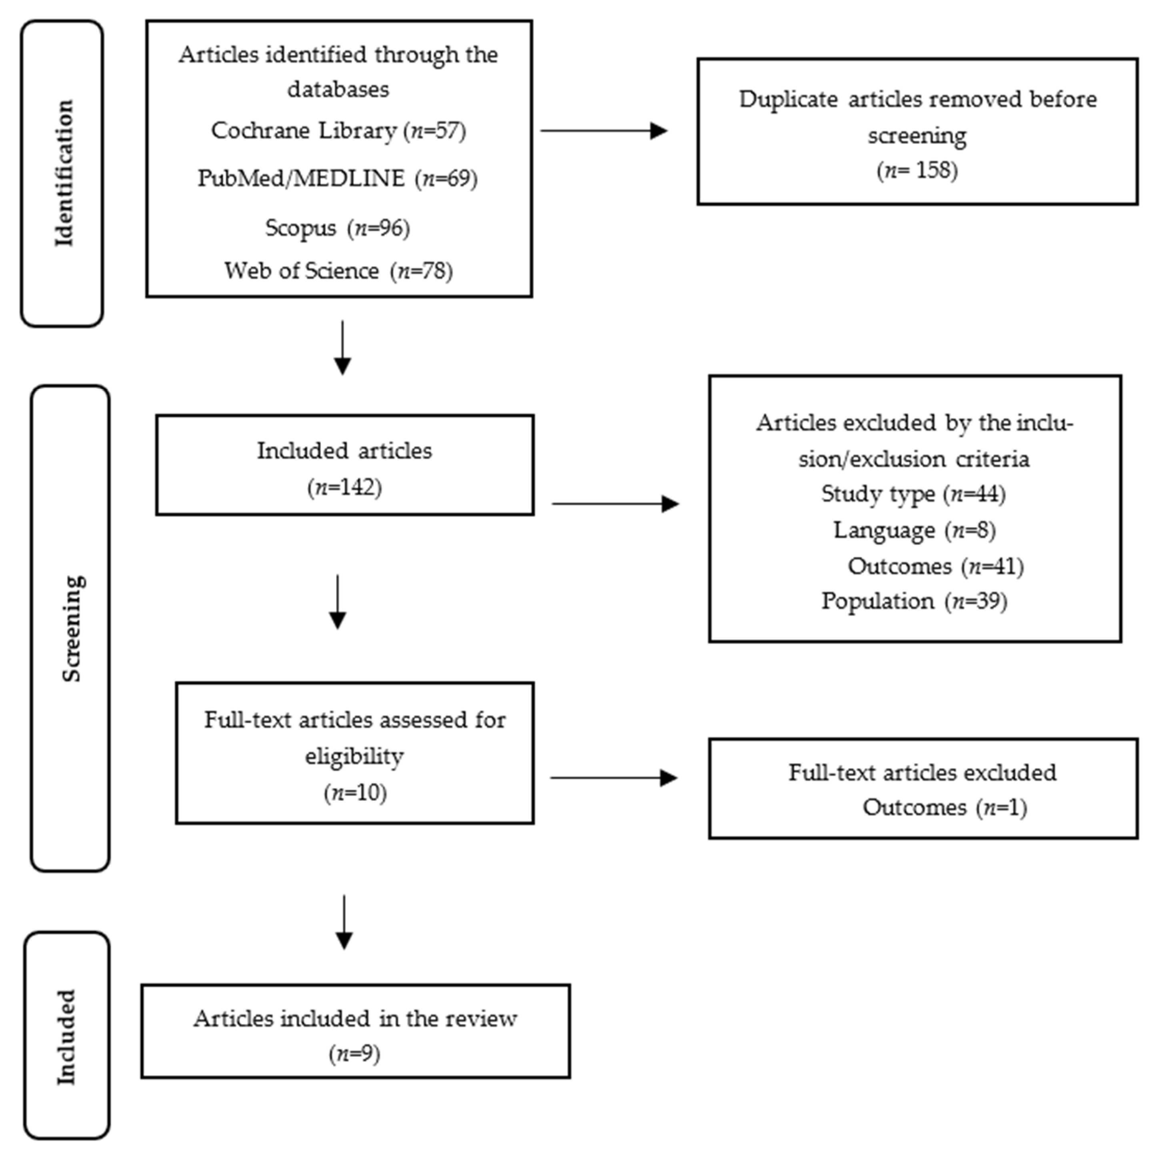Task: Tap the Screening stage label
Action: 72,628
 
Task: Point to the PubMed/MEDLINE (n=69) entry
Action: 338,178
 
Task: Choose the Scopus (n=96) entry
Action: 338,228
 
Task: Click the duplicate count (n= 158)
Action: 917,170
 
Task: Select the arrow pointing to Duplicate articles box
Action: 604,130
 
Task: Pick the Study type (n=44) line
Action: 913,494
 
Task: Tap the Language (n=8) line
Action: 915,530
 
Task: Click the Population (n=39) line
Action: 915,601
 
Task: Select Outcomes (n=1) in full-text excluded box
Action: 945,808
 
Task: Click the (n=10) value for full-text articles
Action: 355,792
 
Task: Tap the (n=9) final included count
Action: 354,1054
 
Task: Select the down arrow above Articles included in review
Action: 344,922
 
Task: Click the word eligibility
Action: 354,756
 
